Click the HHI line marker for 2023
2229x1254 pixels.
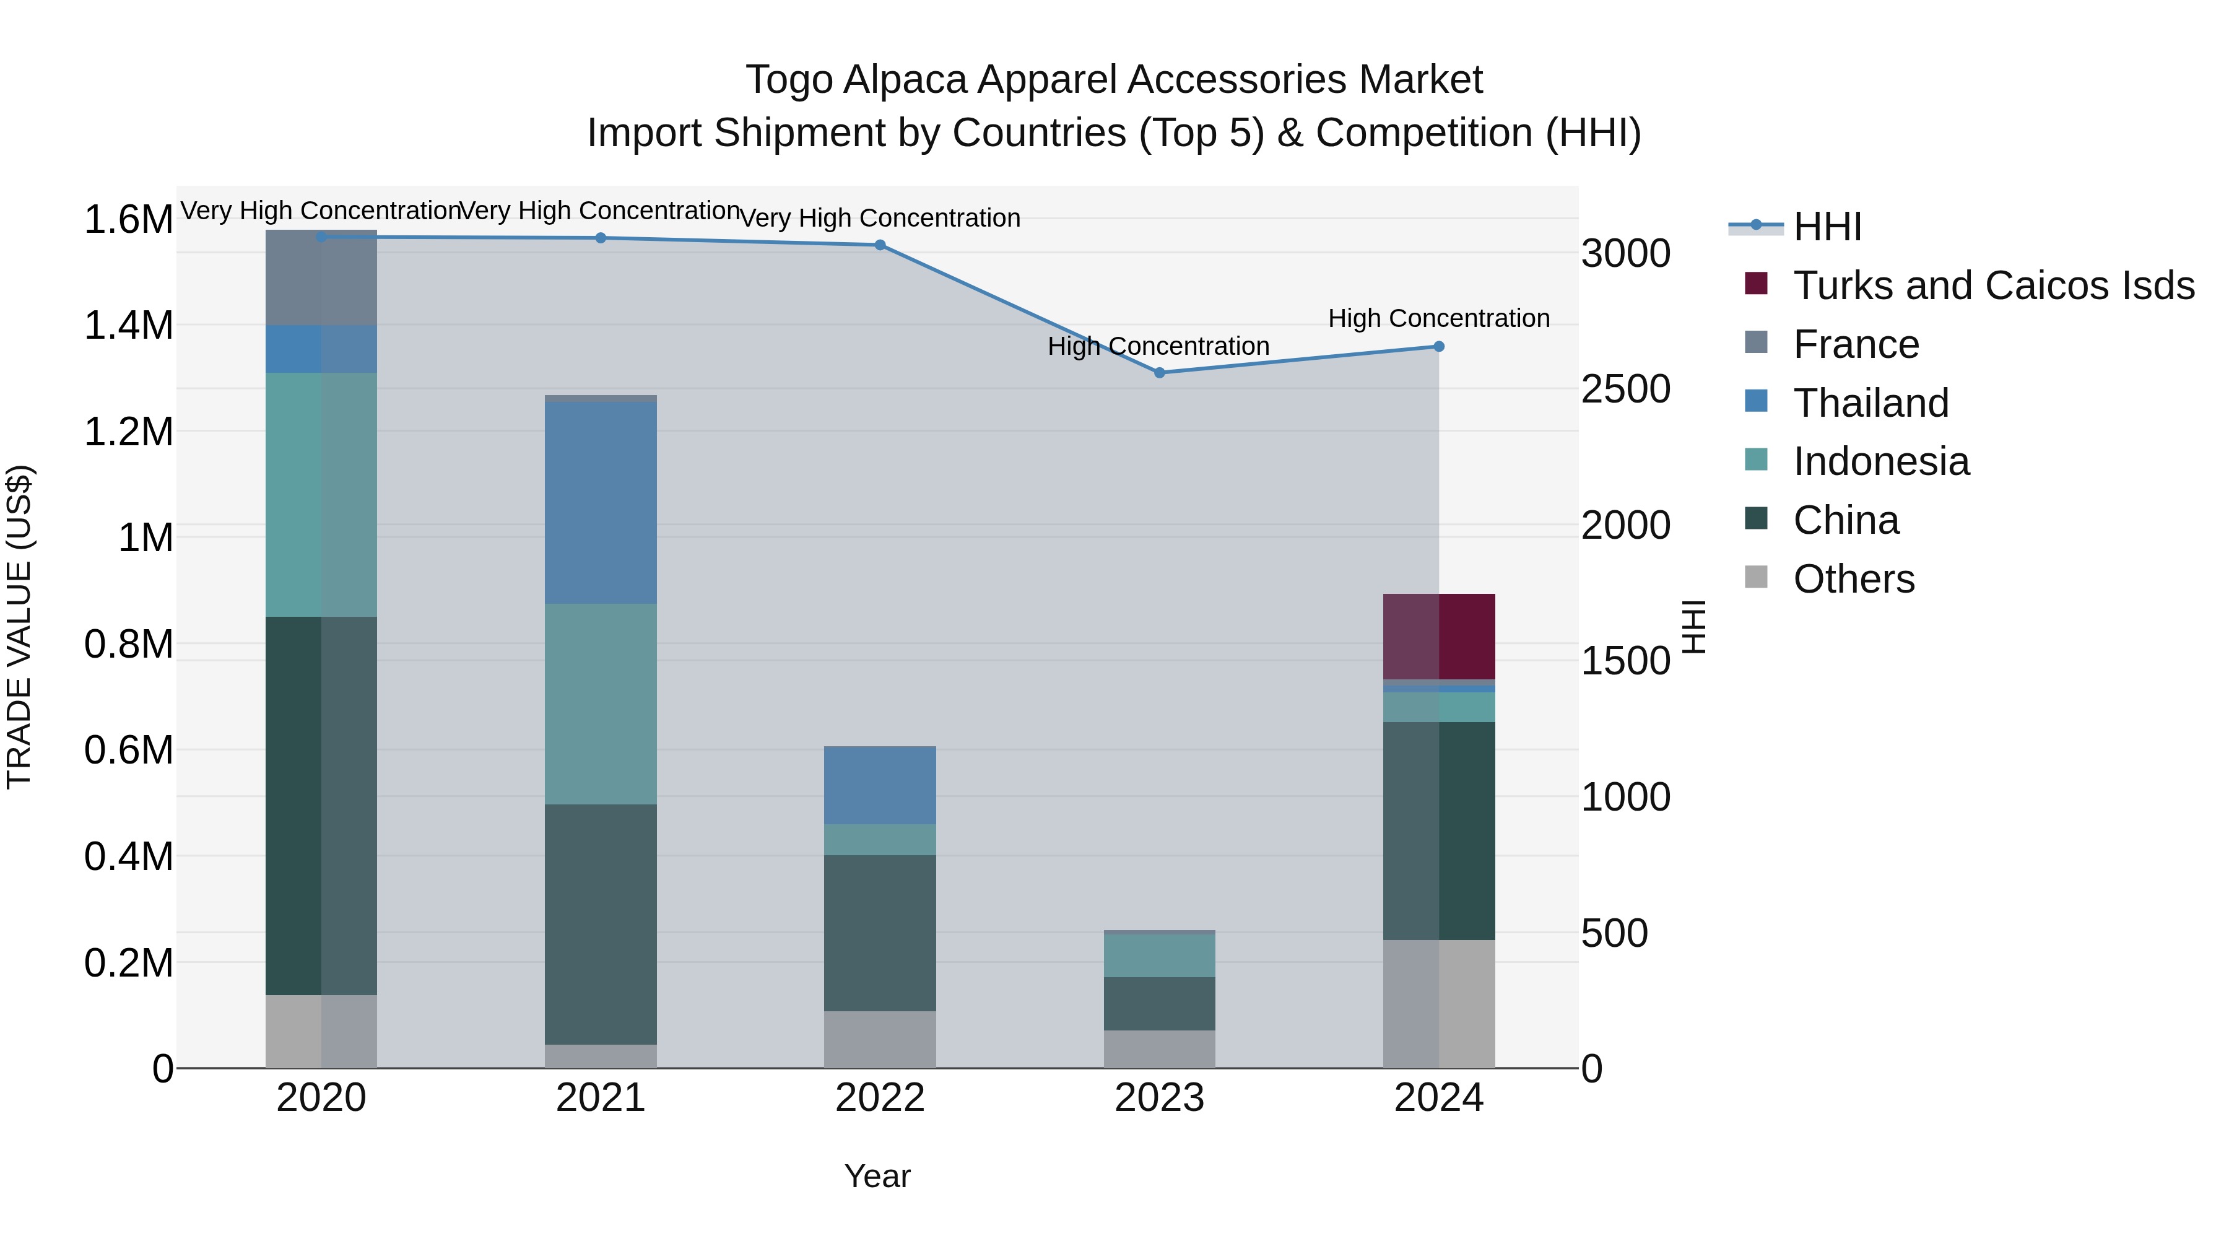[x=1160, y=373]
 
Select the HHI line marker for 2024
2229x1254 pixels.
[x=1439, y=346]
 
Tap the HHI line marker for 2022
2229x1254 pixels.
[x=880, y=245]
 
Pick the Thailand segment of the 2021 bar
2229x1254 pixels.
[x=601, y=502]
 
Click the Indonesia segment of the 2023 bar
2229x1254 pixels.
[x=1160, y=956]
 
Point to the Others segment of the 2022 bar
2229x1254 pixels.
[x=880, y=1038]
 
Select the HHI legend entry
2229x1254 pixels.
[x=1827, y=227]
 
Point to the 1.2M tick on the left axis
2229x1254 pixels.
[x=128, y=431]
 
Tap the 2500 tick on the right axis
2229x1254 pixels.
[x=1625, y=390]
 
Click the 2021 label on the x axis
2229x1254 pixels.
[x=601, y=1098]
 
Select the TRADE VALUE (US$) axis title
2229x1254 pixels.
[x=19, y=627]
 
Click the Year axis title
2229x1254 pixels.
[x=877, y=1176]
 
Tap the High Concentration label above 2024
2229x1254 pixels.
[x=1438, y=318]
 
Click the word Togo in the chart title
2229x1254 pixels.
[x=789, y=80]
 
